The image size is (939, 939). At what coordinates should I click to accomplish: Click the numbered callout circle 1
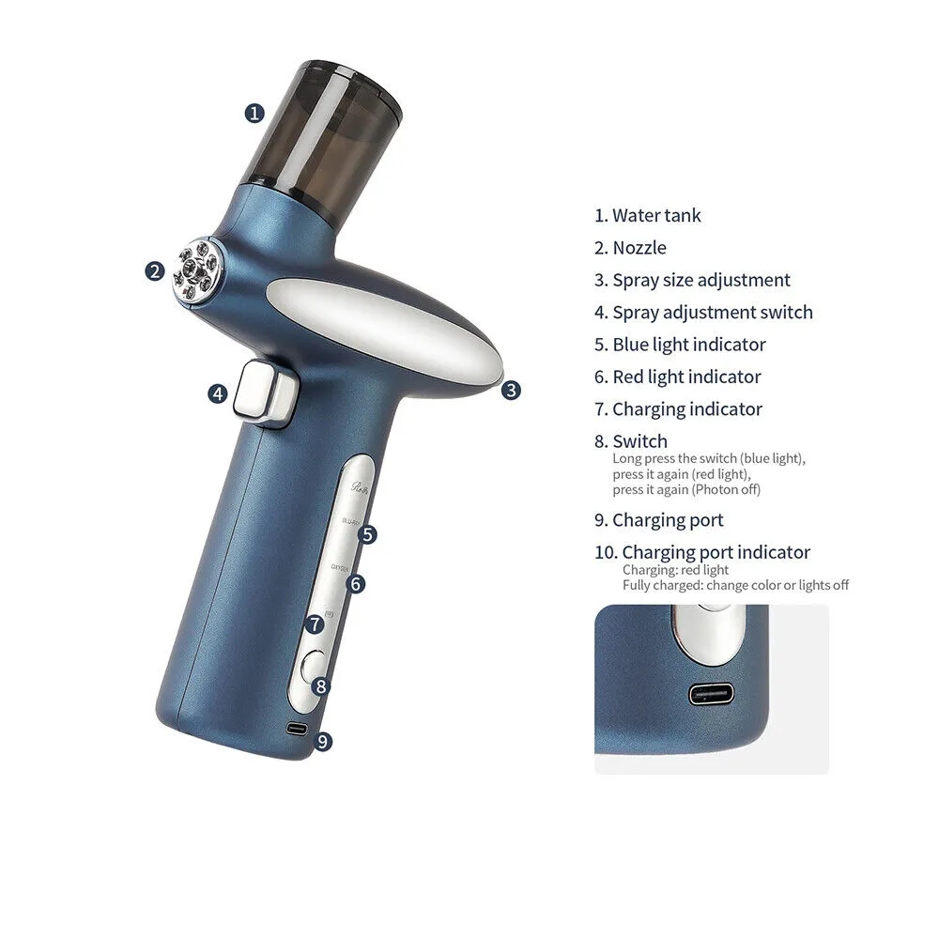pos(254,113)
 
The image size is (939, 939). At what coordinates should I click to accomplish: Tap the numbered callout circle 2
pos(155,271)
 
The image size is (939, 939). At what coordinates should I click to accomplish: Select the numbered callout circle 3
pos(510,390)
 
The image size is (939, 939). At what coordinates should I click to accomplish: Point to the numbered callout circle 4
pos(218,393)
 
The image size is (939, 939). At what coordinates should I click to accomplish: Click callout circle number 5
pos(368,534)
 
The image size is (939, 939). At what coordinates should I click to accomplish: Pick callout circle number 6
pos(355,584)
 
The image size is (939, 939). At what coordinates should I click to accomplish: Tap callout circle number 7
pos(316,623)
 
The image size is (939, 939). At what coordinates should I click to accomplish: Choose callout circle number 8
pos(321,686)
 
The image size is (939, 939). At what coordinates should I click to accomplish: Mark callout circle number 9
pos(322,741)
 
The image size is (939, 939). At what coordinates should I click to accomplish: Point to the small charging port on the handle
pos(297,729)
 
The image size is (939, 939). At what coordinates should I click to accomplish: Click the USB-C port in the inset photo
pos(712,696)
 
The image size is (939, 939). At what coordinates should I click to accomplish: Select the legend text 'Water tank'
pos(656,215)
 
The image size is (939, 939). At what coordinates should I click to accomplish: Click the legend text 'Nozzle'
pos(639,248)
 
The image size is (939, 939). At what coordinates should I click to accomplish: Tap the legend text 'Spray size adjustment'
pos(701,280)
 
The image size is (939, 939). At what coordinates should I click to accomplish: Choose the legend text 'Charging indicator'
pos(687,408)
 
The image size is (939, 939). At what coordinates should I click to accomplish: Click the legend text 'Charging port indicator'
pos(716,552)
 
